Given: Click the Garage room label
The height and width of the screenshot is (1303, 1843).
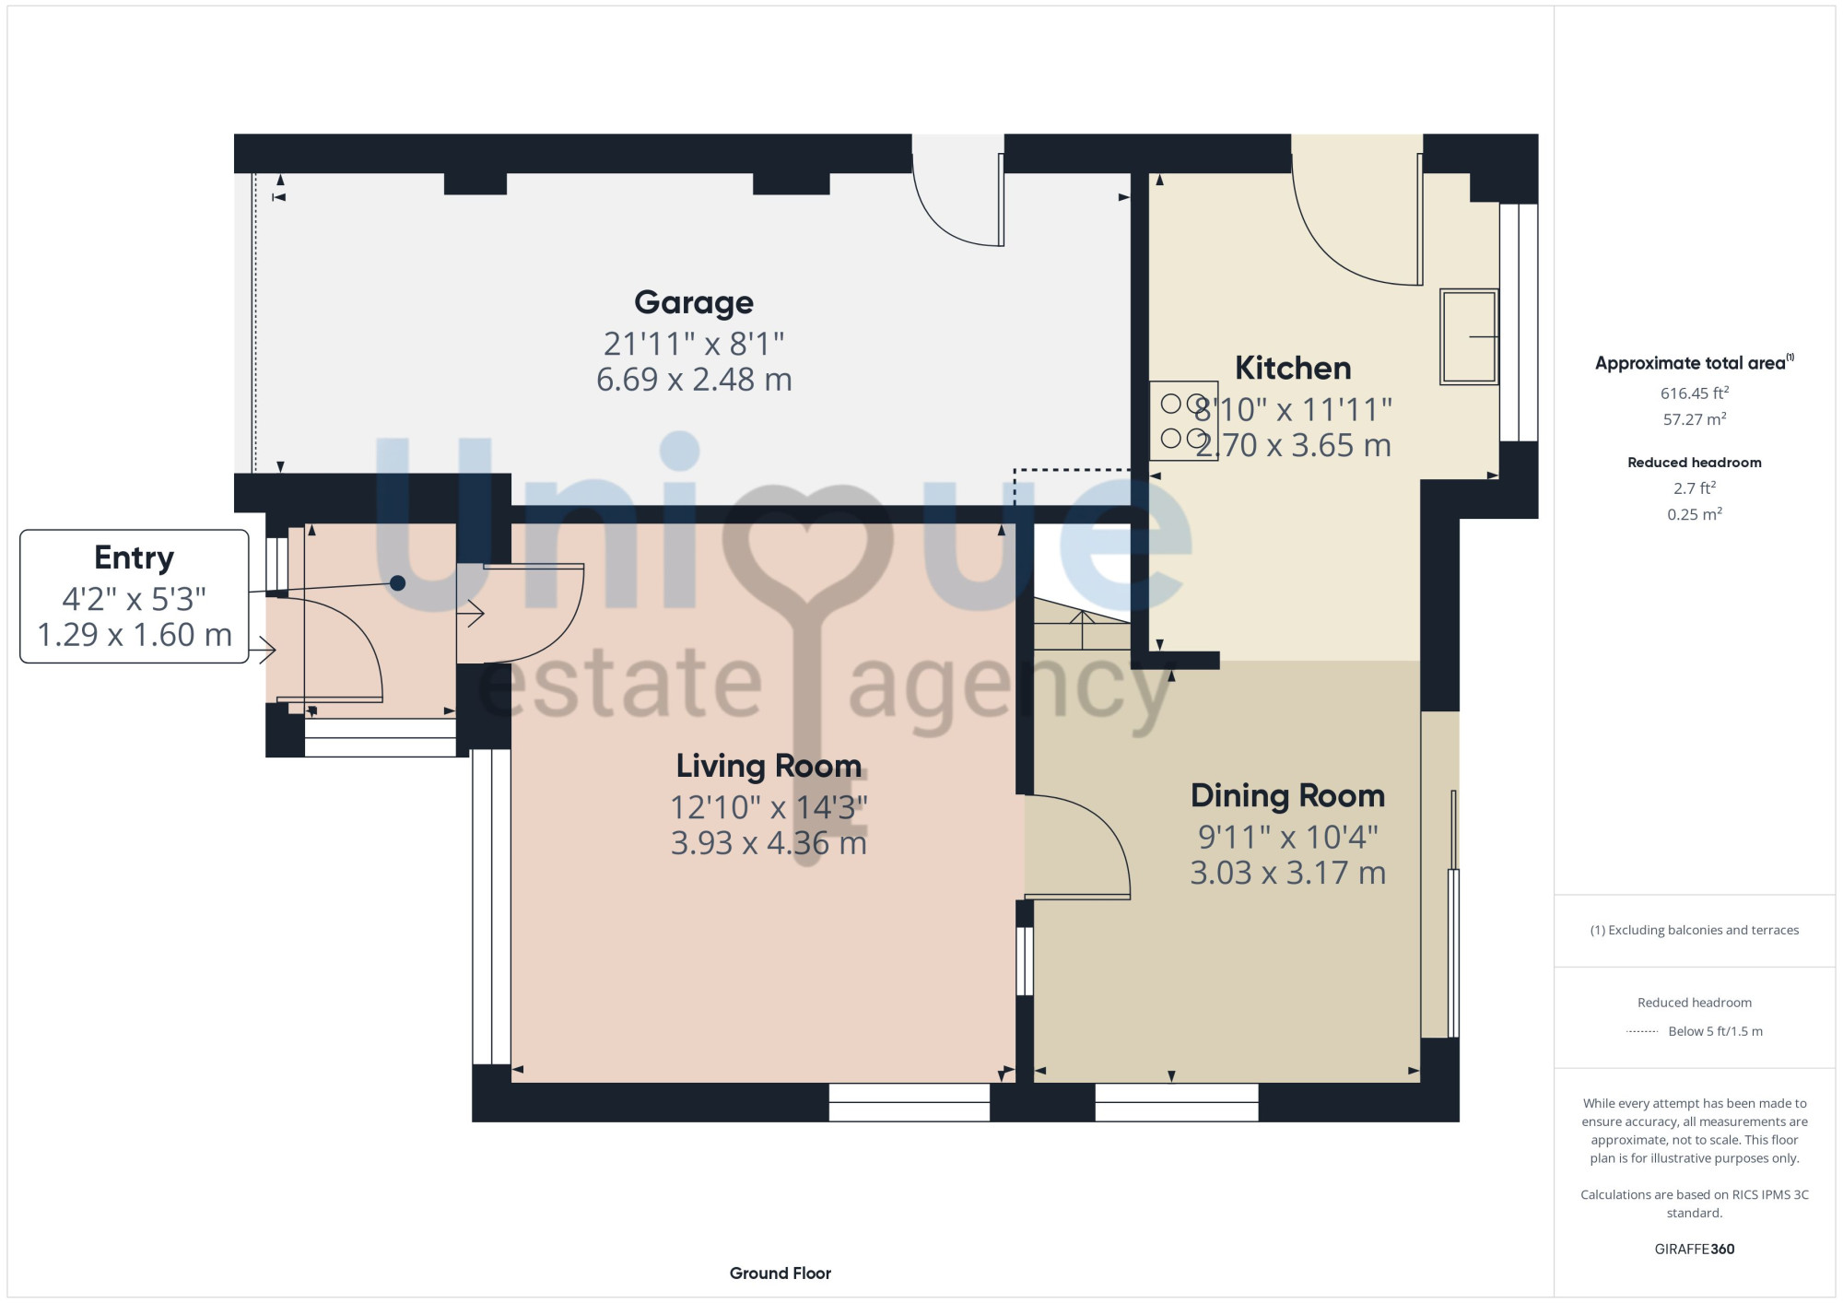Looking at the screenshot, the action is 694,303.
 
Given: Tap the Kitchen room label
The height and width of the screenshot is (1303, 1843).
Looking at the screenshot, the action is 1293,369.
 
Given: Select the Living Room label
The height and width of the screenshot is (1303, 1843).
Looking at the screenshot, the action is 769,766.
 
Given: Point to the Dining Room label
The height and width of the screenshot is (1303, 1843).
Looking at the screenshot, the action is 1287,795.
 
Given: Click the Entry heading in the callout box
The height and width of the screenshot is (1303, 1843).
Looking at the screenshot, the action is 134,558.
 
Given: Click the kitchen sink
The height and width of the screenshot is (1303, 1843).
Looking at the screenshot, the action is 1469,336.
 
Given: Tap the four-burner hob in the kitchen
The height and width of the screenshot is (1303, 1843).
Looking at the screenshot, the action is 1183,421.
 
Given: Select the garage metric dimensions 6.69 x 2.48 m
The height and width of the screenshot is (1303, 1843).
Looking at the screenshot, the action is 694,380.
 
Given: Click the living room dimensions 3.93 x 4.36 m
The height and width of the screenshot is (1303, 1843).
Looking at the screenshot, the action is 769,843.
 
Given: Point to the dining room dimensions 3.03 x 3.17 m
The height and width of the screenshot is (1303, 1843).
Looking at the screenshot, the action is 1287,873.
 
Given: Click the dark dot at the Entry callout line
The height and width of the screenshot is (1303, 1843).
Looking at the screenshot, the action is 397,583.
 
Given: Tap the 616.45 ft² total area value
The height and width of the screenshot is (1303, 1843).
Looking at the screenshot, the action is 1694,393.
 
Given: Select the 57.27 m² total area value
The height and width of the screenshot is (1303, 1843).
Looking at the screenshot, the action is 1694,419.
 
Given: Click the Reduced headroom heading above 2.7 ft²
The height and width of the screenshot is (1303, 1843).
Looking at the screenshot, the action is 1694,463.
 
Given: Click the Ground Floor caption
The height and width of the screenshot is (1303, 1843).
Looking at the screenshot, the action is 780,1274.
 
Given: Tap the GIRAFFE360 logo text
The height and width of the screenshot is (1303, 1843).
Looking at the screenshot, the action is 1694,1250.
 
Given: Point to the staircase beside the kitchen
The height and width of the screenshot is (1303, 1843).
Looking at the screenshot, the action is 1082,624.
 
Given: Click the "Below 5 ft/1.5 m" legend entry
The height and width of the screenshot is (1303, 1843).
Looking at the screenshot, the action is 1715,1032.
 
